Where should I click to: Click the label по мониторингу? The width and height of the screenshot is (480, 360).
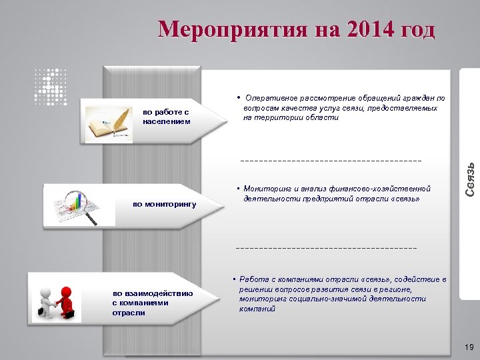165,204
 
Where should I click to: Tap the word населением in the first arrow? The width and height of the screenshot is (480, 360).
166,121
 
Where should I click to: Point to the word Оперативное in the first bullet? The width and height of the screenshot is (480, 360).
271,98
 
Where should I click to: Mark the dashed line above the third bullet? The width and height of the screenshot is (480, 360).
327,248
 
